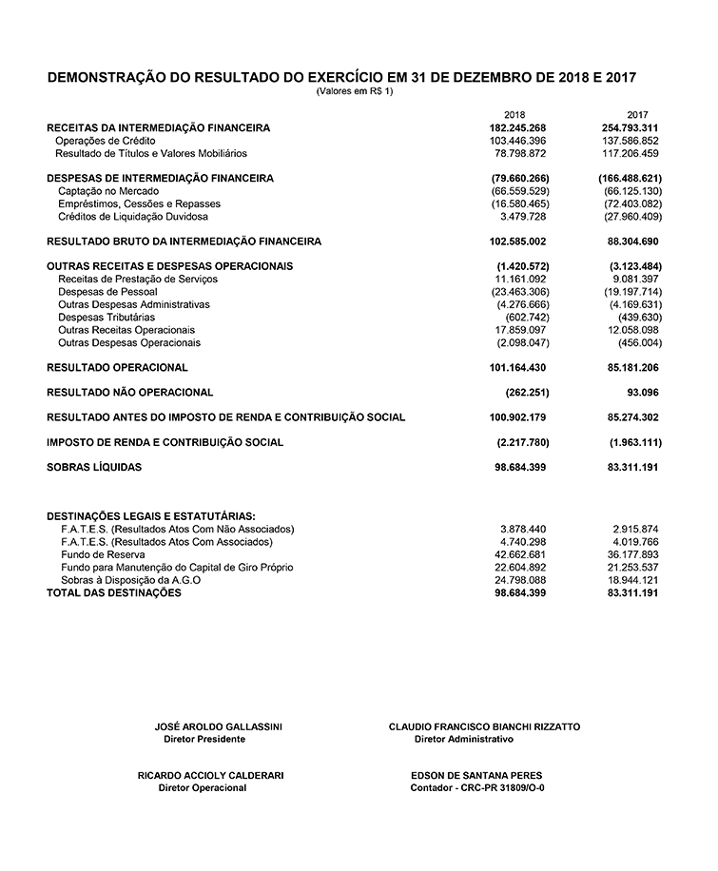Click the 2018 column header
coord(514,114)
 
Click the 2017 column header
coord(637,114)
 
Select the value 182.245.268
coord(519,127)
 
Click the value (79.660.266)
coord(520,178)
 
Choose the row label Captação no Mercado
coord(108,191)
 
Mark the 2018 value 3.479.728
coord(524,216)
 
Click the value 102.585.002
coord(519,242)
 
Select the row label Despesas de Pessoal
coord(107,292)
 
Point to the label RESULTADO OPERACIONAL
coord(117,367)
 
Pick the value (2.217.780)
coord(523,443)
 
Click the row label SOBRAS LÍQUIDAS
coord(94,468)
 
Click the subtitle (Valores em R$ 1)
coord(354,91)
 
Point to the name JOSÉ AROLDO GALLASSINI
coord(218,726)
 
